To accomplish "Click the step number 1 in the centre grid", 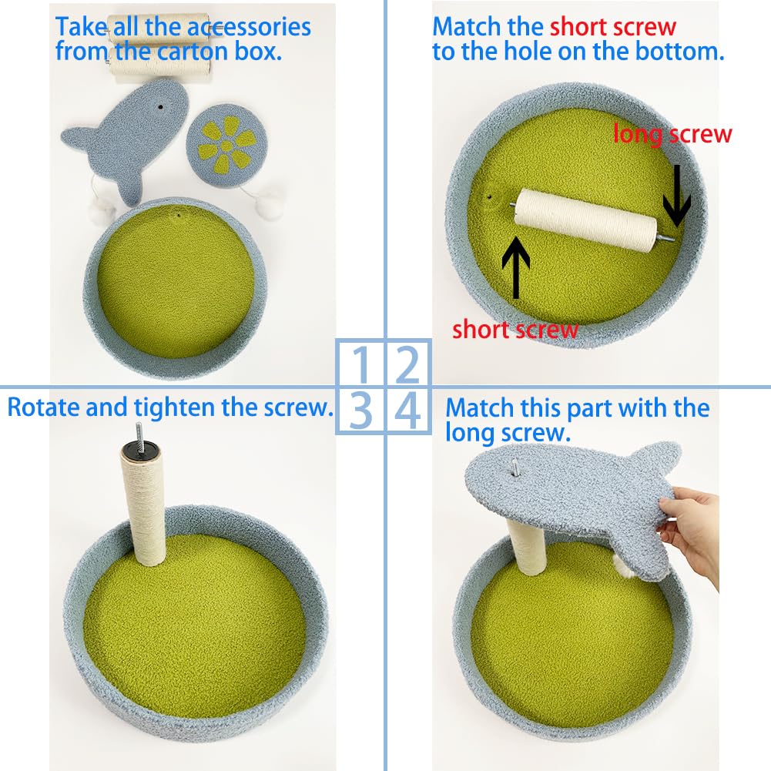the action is (x=362, y=364).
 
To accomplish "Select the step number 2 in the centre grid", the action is (x=407, y=364).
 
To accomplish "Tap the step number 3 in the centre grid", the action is (x=360, y=410).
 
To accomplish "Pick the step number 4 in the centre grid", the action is (x=407, y=410).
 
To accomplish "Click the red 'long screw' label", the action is (x=672, y=134).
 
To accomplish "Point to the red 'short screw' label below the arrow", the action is (x=515, y=330).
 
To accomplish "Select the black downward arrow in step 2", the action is (x=676, y=196).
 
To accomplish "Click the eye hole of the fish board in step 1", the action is (x=160, y=106).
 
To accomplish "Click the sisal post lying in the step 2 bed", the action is (x=585, y=220).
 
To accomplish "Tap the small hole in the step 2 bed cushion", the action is (x=489, y=197).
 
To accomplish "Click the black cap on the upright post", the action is (x=140, y=449).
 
